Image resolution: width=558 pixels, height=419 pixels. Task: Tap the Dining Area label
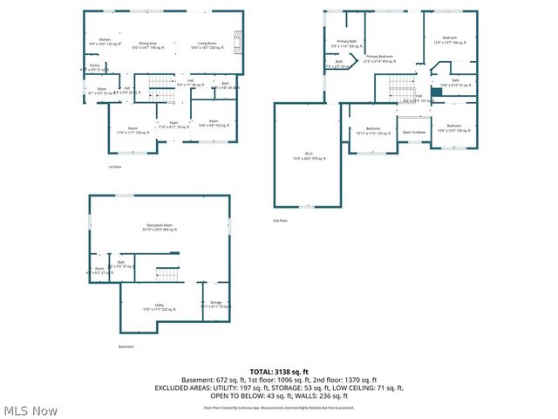[x=148, y=43]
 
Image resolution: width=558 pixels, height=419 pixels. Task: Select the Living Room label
[x=206, y=43]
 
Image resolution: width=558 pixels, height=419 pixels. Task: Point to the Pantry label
[x=93, y=65]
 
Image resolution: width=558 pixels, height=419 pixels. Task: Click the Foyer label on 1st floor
[x=173, y=123]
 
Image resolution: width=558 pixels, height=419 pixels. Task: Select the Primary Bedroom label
[x=379, y=57]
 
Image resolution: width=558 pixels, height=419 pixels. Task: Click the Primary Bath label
[x=347, y=42]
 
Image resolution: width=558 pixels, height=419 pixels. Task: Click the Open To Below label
[x=413, y=132]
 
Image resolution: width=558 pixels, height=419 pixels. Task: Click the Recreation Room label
[x=159, y=227]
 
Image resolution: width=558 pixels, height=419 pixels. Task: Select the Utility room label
[x=159, y=306]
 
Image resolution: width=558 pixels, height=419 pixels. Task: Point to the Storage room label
[x=214, y=304]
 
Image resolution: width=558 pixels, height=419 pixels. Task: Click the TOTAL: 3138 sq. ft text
[x=278, y=371]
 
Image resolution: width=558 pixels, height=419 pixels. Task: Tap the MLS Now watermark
[x=31, y=410]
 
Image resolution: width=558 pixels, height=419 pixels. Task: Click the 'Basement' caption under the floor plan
[x=126, y=347]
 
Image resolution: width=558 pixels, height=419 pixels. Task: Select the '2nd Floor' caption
[x=280, y=220]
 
